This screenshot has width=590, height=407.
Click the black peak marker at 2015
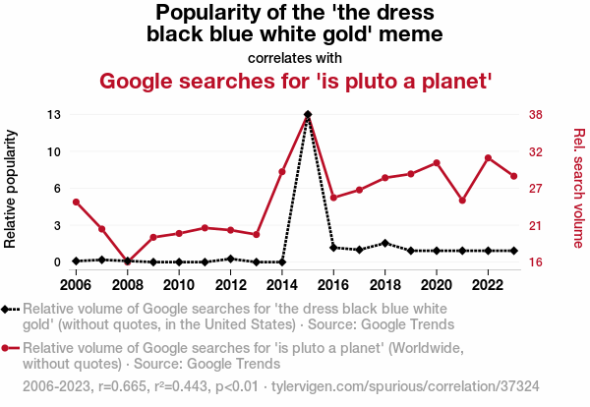tap(308, 115)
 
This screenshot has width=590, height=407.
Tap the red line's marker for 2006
tap(76, 203)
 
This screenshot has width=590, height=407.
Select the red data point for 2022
tap(488, 158)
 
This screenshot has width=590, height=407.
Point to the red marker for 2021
tap(462, 201)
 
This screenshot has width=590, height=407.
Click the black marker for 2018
tap(384, 243)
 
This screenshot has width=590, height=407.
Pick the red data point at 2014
tap(282, 172)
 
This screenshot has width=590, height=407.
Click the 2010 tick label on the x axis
tap(178, 284)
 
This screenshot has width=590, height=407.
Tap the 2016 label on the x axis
tap(333, 284)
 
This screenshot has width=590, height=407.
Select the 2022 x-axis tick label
tap(488, 284)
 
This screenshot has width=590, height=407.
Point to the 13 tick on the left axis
tap(54, 115)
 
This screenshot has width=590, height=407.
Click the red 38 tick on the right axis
tap(536, 115)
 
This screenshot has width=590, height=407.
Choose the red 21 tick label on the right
tap(536, 226)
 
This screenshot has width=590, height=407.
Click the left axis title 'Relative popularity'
tap(13, 188)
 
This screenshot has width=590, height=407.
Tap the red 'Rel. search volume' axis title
tap(579, 188)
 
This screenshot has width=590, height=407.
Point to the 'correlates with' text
tap(295, 57)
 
